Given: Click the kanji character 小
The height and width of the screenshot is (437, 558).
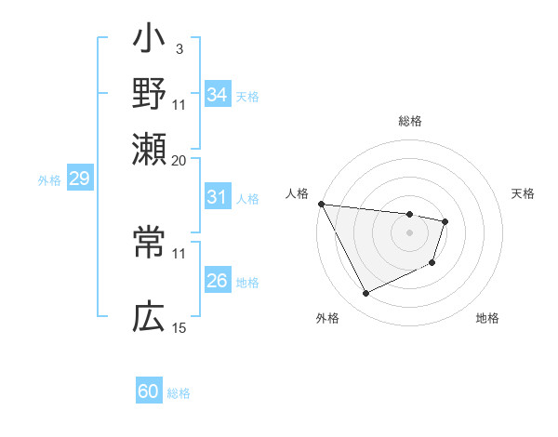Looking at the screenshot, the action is (x=149, y=43).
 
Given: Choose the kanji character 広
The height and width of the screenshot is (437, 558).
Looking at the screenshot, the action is (x=149, y=319).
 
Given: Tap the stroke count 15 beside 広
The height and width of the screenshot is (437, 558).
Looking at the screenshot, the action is (x=179, y=327).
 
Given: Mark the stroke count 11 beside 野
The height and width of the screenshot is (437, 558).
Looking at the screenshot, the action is (x=179, y=103).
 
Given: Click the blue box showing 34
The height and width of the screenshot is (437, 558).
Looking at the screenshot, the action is (x=217, y=95).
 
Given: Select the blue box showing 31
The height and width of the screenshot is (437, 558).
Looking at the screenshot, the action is (x=217, y=197).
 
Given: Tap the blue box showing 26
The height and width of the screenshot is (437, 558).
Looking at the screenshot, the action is (x=217, y=282).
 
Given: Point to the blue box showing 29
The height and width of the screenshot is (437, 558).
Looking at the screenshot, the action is (x=78, y=179).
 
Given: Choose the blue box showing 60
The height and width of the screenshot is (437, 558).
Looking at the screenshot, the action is (x=149, y=391).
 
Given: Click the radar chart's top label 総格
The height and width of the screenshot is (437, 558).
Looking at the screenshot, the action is (x=409, y=121).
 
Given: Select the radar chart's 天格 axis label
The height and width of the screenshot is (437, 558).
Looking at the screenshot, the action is (x=523, y=193).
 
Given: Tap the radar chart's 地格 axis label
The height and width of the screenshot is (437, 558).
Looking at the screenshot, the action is (x=487, y=318).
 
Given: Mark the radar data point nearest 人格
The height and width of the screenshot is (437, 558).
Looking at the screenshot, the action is (x=321, y=204).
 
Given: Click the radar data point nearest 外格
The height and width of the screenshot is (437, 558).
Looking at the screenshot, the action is (x=365, y=294).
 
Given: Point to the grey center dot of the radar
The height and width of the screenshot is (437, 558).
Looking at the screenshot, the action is (x=409, y=232).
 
